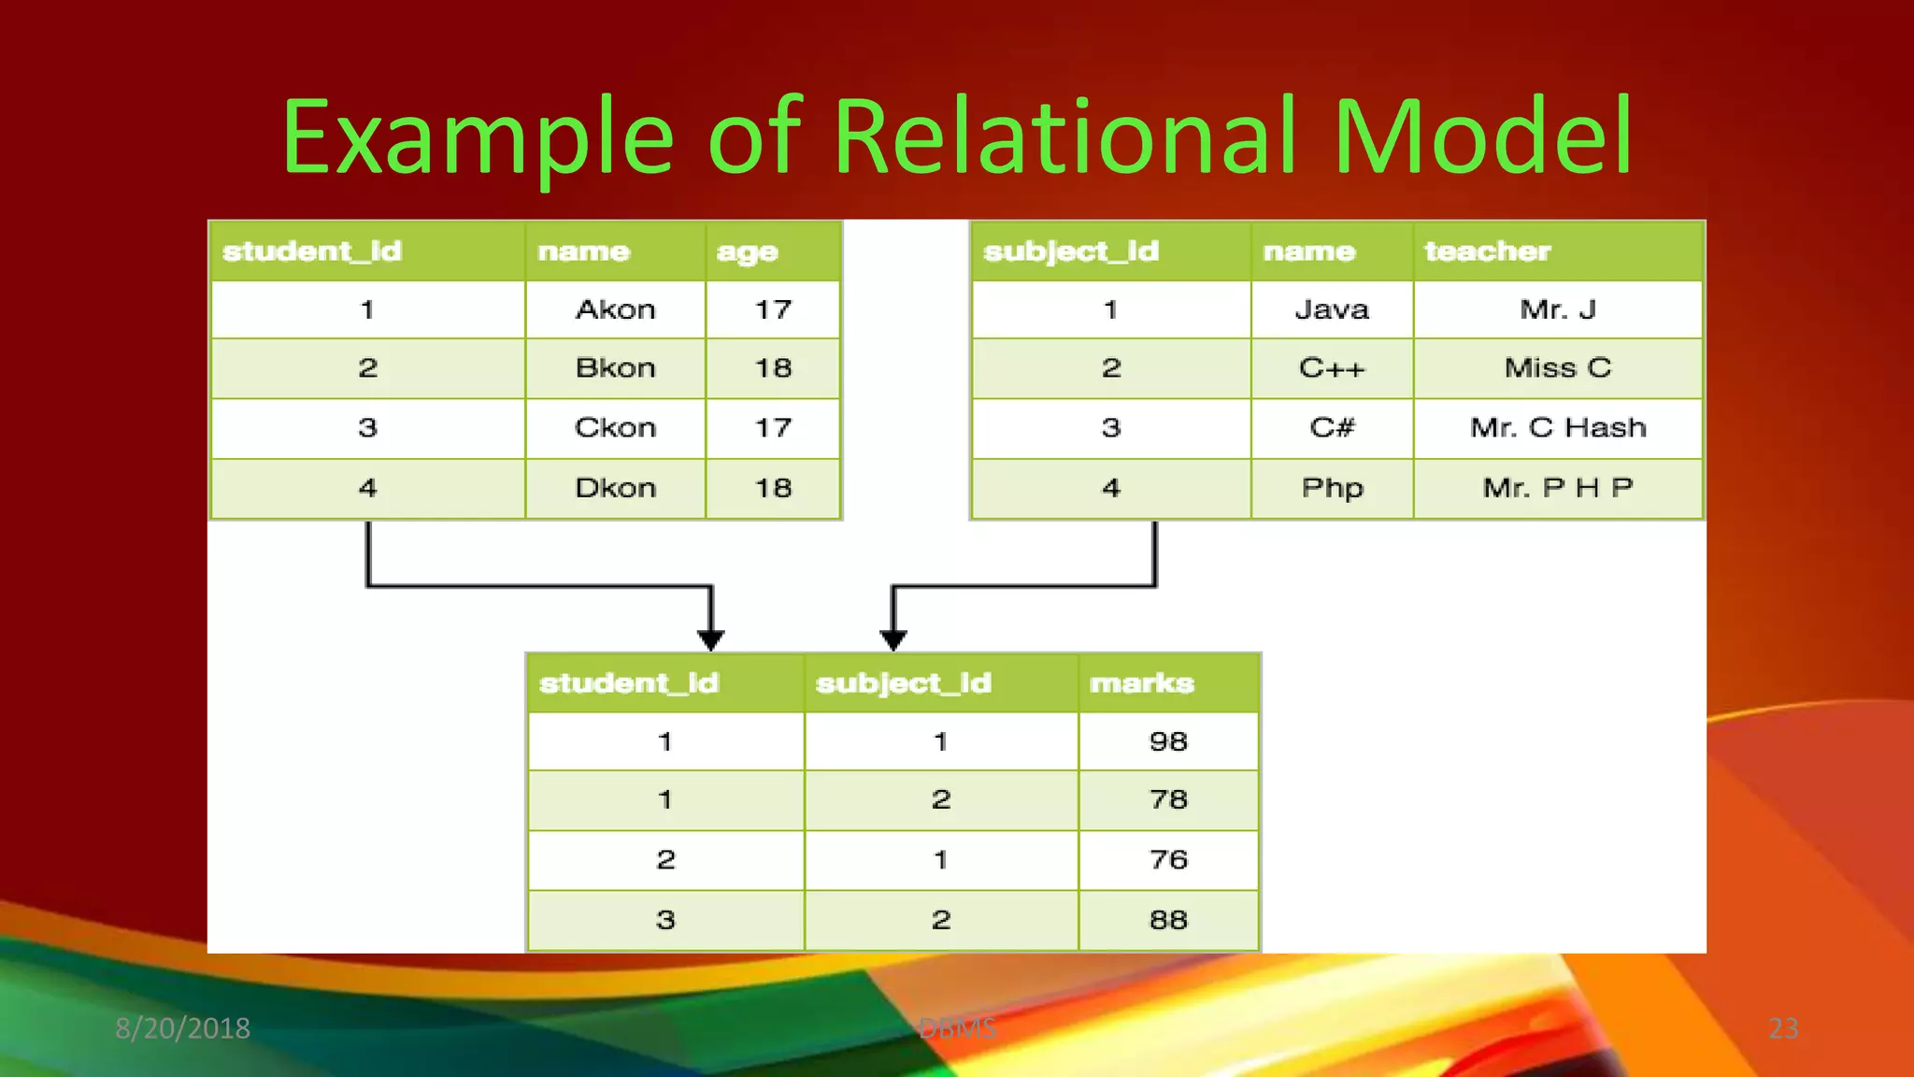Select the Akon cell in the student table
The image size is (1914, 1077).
pos(615,309)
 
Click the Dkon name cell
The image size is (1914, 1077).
pos(615,488)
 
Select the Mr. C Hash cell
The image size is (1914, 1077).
pos(1558,428)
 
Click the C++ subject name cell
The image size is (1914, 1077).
pos(1332,368)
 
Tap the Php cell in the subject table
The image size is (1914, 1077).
pos(1332,488)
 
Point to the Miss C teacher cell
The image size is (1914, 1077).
pos(1558,368)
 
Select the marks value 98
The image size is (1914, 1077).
pos(1168,741)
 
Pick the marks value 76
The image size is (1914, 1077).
pos(1168,860)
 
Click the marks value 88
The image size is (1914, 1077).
pos(1168,920)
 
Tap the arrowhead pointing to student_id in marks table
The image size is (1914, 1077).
pos(711,640)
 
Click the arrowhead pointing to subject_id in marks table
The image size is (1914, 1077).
pos(893,640)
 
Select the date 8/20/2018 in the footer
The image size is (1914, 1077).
pos(182,1028)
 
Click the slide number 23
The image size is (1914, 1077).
pos(1783,1028)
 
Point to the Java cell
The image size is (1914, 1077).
pos(1332,309)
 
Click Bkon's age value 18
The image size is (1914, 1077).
pos(773,368)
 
